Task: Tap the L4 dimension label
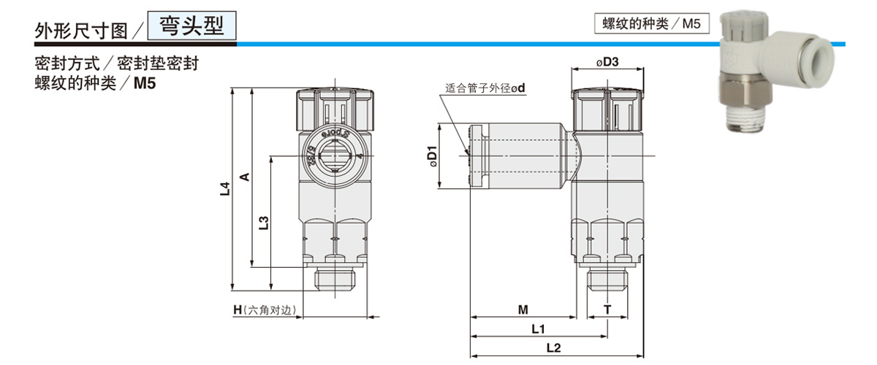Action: coord(225,189)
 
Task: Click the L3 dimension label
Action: coord(265,222)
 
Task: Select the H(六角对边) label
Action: coord(264,310)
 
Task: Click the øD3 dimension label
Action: coord(608,62)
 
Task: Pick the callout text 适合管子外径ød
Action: coord(486,88)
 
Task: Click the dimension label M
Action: coord(523,310)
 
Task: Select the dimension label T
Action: coord(607,310)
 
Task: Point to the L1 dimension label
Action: coord(539,328)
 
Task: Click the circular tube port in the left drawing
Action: coord(336,155)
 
